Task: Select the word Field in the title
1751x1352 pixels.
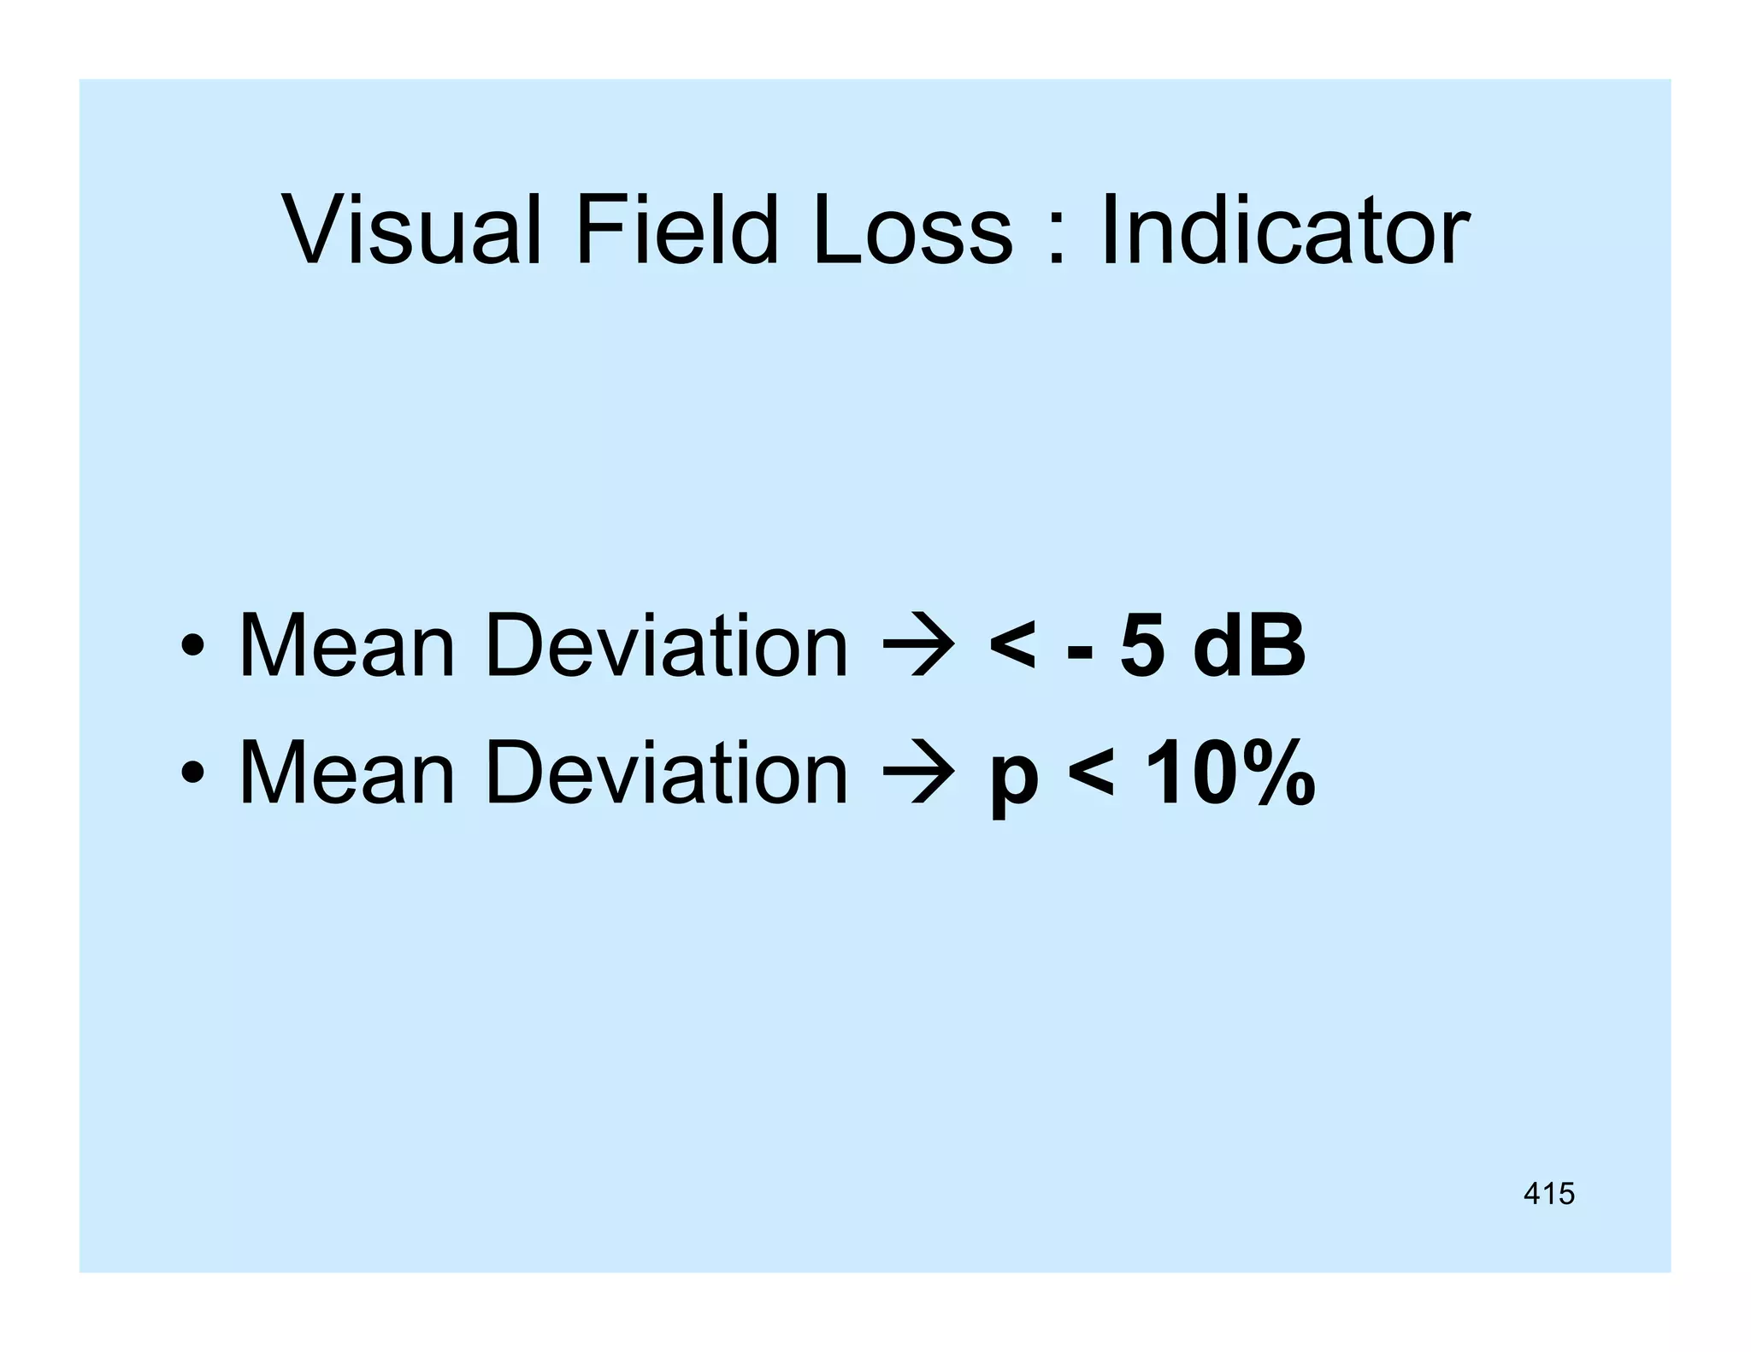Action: point(676,229)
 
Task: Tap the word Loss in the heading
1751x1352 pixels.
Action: point(912,229)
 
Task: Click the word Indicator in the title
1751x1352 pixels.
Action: point(1285,229)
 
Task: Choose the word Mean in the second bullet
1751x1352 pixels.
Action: point(346,773)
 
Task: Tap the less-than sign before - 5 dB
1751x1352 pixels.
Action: point(1014,647)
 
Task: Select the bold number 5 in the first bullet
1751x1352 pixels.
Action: point(1142,647)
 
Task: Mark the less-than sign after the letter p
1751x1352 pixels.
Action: point(1092,774)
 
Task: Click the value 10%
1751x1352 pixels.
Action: point(1229,773)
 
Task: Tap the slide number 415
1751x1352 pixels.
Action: point(1548,1193)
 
